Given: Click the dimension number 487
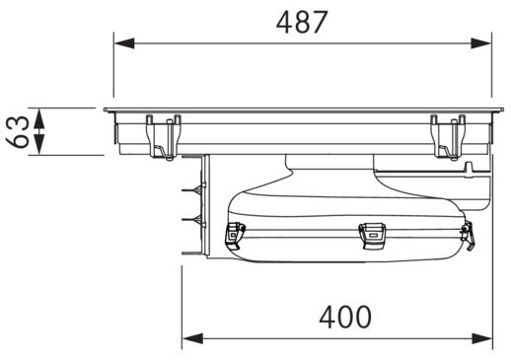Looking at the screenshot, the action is click(x=302, y=22).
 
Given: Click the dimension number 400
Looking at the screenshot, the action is click(x=345, y=317).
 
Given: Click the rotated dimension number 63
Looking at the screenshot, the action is click(x=17, y=131).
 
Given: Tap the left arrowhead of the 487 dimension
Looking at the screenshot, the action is click(x=124, y=43).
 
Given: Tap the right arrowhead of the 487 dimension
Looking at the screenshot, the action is click(x=481, y=43).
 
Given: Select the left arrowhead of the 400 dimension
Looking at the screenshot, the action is click(x=192, y=338).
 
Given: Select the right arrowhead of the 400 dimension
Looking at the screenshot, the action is click(x=482, y=338).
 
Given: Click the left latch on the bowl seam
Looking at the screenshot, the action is click(x=234, y=235).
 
